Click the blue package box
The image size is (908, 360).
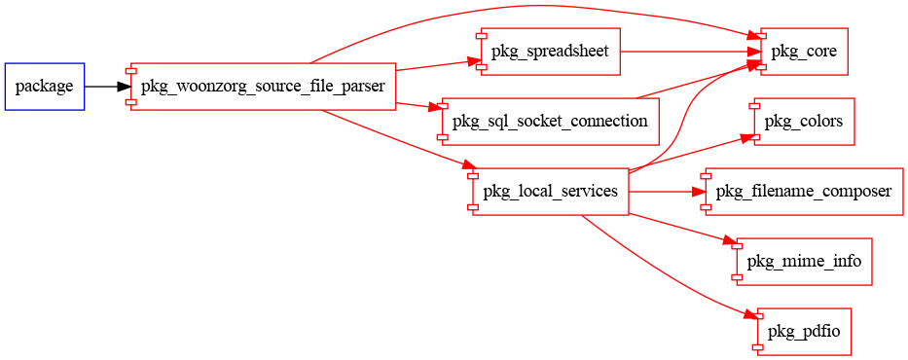(x=45, y=87)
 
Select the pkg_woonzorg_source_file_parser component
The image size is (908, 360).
(x=263, y=87)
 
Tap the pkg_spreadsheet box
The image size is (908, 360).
(x=550, y=52)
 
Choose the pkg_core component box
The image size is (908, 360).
(x=803, y=52)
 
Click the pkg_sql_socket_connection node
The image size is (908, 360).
(x=551, y=122)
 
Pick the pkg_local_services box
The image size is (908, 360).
(x=550, y=192)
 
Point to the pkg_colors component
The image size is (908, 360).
(x=803, y=122)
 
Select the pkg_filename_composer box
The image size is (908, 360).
(x=802, y=192)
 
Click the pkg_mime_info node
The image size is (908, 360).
(x=803, y=262)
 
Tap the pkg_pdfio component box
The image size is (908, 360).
(x=803, y=332)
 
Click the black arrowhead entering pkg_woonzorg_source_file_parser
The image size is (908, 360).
(x=124, y=87)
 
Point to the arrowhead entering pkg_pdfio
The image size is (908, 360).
(x=750, y=317)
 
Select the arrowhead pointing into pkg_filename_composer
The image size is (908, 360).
(x=699, y=192)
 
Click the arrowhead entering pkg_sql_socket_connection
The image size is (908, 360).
(x=437, y=109)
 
